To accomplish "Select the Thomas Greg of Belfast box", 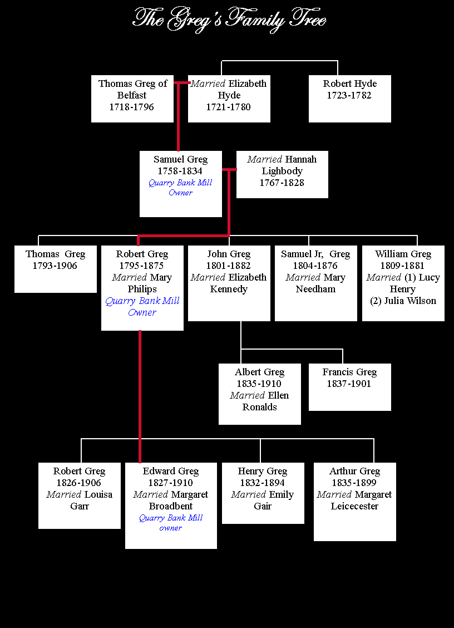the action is [x=132, y=99].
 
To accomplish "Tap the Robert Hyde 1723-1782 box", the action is [x=349, y=99].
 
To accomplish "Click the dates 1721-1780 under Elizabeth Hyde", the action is [x=228, y=107].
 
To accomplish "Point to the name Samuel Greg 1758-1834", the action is [x=181, y=165].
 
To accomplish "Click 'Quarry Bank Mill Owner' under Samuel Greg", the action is [x=181, y=188].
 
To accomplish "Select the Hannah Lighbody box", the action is [x=282, y=174].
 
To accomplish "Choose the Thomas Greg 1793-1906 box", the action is [x=56, y=269].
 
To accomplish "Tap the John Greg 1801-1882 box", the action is [x=229, y=283].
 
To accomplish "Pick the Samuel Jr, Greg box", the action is [x=316, y=283].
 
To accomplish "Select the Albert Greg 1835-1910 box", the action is [x=260, y=394].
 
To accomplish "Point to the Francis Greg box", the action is [x=349, y=387].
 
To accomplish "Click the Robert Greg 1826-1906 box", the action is [x=79, y=495].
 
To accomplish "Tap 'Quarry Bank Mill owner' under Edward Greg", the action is [x=171, y=523].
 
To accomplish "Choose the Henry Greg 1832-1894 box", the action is [x=263, y=493].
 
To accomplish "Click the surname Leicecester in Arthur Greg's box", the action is [x=354, y=506].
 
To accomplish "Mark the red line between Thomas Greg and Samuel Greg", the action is [x=178, y=116].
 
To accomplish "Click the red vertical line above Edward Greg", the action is [x=140, y=396].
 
